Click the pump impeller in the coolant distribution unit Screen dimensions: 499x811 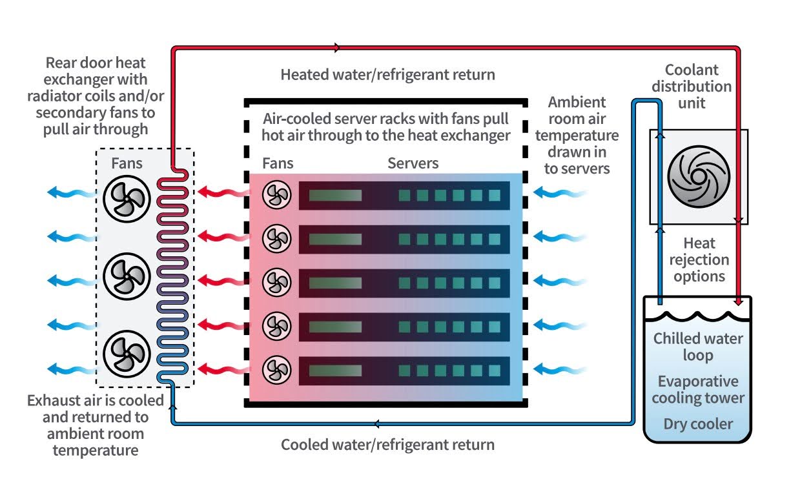pos(698,176)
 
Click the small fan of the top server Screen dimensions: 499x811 pos(276,195)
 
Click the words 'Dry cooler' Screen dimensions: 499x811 pos(698,424)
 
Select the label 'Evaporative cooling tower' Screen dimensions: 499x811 pos(698,389)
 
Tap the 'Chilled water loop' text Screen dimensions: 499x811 pos(698,347)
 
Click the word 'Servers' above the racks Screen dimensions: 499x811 pos(413,163)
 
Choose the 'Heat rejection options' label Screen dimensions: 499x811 pos(699,260)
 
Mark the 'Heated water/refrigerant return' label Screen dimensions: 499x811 pos(387,75)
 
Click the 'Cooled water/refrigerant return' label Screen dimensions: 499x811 pos(387,445)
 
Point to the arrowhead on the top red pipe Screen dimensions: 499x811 pos(337,47)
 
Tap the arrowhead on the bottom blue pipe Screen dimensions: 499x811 pos(376,424)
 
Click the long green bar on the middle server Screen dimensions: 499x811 pos(335,283)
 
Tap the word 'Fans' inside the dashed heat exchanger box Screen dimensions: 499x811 pos(127,164)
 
